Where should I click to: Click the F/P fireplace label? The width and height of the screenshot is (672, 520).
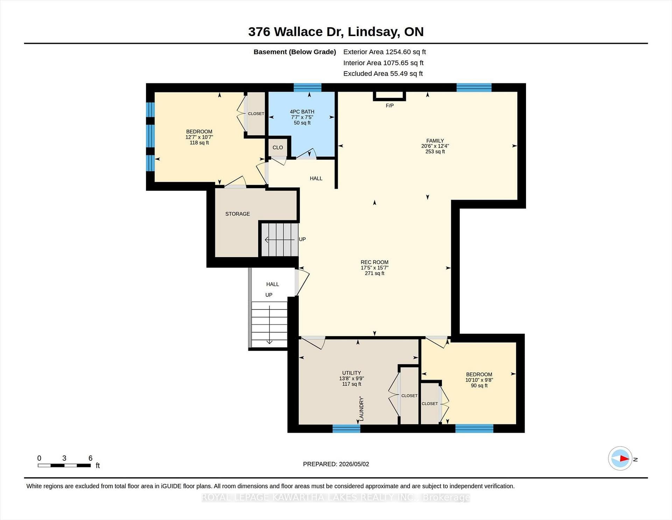pyautogui.click(x=390, y=105)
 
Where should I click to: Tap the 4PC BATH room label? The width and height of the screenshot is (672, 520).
pyautogui.click(x=302, y=112)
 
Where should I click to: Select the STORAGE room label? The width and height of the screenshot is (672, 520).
pyautogui.click(x=237, y=214)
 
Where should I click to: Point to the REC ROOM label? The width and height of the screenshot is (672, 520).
pyautogui.click(x=374, y=262)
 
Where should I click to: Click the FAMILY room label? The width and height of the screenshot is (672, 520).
pyautogui.click(x=435, y=141)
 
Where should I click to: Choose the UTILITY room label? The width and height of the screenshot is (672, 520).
pyautogui.click(x=351, y=373)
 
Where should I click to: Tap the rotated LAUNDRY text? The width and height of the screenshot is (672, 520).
pyautogui.click(x=362, y=409)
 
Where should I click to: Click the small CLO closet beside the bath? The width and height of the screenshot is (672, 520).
pyautogui.click(x=278, y=148)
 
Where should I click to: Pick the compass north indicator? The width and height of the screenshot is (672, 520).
pyautogui.click(x=620, y=458)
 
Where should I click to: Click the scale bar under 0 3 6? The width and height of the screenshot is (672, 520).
pyautogui.click(x=64, y=465)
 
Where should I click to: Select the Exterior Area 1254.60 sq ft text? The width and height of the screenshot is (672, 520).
pyautogui.click(x=384, y=52)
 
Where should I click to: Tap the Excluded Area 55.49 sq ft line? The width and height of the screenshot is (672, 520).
pyautogui.click(x=383, y=74)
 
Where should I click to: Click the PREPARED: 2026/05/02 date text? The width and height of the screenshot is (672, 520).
pyautogui.click(x=336, y=464)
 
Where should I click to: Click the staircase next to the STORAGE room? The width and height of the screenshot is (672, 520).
pyautogui.click(x=279, y=240)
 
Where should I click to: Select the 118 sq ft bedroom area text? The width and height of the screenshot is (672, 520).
pyautogui.click(x=199, y=143)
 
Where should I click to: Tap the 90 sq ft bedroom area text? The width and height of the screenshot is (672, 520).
pyautogui.click(x=479, y=385)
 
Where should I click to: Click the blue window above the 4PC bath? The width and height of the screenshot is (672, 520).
pyautogui.click(x=307, y=88)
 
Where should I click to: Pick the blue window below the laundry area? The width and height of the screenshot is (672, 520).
pyautogui.click(x=346, y=429)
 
